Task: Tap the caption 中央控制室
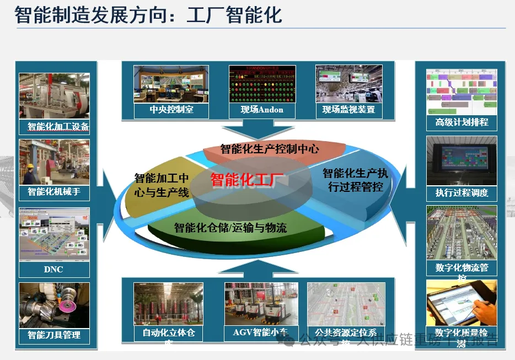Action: click(x=171, y=110)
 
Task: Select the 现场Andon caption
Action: click(x=262, y=110)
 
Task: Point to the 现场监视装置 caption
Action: click(x=348, y=110)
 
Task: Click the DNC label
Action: click(x=53, y=269)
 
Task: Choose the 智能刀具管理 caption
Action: click(x=54, y=335)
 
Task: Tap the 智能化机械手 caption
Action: click(x=54, y=192)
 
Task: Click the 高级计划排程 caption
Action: click(x=462, y=122)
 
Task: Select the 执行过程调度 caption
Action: click(x=462, y=193)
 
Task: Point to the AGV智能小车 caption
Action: click(x=260, y=332)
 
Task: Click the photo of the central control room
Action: click(x=171, y=84)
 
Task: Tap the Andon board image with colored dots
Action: click(x=262, y=84)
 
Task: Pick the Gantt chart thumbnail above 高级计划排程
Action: click(x=462, y=91)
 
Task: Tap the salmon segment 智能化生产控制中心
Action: click(x=270, y=149)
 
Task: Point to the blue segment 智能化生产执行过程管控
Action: click(x=355, y=180)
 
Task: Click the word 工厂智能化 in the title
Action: click(x=234, y=15)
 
